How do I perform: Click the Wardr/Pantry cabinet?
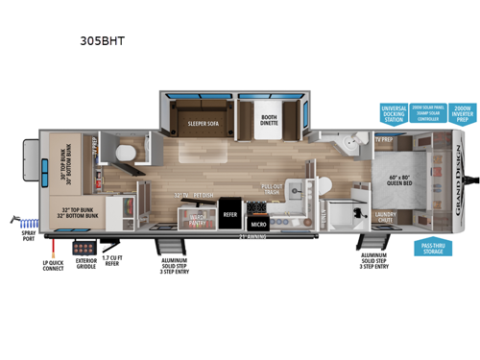[x=199, y=218]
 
